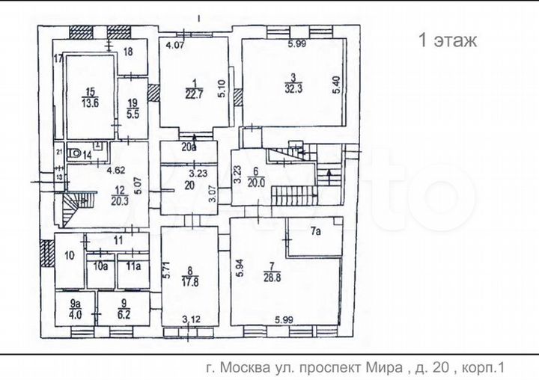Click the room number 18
(x=127, y=51)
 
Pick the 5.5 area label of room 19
(x=133, y=116)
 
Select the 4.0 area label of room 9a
(x=75, y=315)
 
